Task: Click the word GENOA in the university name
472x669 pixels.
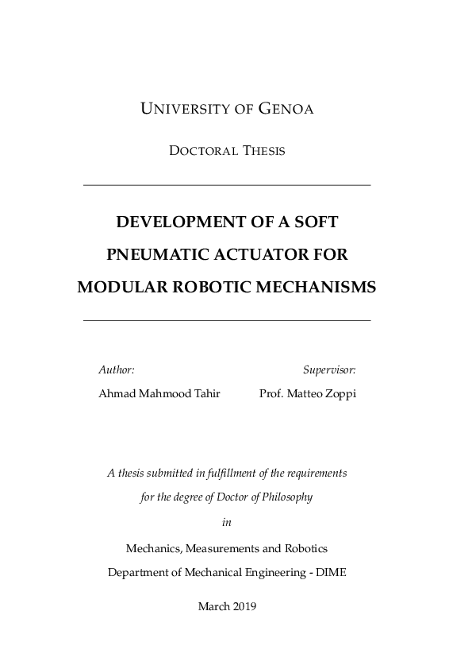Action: coord(286,110)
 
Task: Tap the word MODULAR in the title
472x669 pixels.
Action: coord(119,288)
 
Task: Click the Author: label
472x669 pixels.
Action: coord(117,370)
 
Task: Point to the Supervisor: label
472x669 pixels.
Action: coord(329,370)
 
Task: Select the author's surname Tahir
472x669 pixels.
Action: coord(206,394)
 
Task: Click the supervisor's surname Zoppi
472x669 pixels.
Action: coord(340,394)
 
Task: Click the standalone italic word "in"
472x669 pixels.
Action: coord(227,522)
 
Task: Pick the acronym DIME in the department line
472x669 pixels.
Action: coord(331,572)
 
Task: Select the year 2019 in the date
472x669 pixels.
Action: coord(242,606)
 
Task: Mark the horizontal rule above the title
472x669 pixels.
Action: coord(227,185)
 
